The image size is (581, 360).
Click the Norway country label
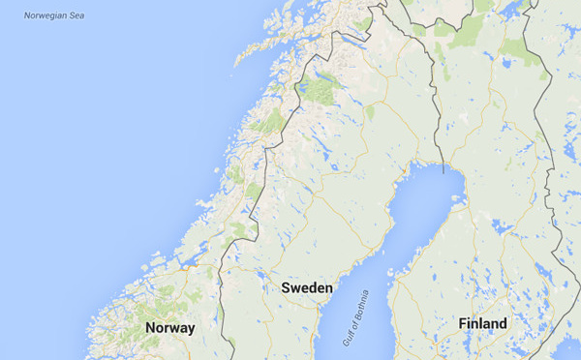pyautogui.click(x=170, y=328)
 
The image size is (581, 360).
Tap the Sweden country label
pyautogui.click(x=307, y=288)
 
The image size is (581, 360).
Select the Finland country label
pyautogui.click(x=482, y=323)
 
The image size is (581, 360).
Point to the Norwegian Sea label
pyautogui.click(x=54, y=15)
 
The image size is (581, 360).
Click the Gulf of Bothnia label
pyautogui.click(x=356, y=318)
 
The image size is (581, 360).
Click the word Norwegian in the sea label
pyautogui.click(x=45, y=15)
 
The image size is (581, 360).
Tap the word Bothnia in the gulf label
pyautogui.click(x=362, y=307)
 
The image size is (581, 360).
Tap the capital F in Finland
pyautogui.click(x=463, y=323)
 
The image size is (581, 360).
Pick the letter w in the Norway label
pyautogui.click(x=178, y=328)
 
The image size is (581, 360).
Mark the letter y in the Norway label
pyautogui.click(x=191, y=329)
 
